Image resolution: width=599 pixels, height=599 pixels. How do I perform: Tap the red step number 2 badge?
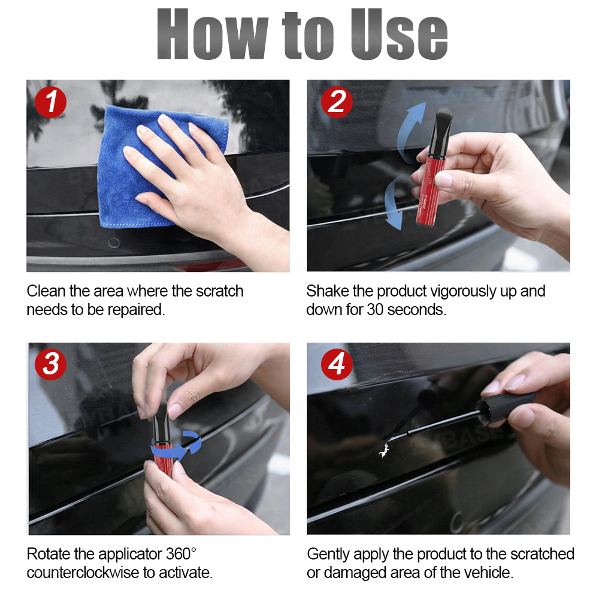point(337,102)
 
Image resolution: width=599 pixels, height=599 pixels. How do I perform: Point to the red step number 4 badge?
point(337,365)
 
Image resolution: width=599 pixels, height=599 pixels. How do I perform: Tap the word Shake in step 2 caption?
point(326,292)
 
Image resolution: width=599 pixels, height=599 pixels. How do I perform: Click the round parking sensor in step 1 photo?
point(113,243)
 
